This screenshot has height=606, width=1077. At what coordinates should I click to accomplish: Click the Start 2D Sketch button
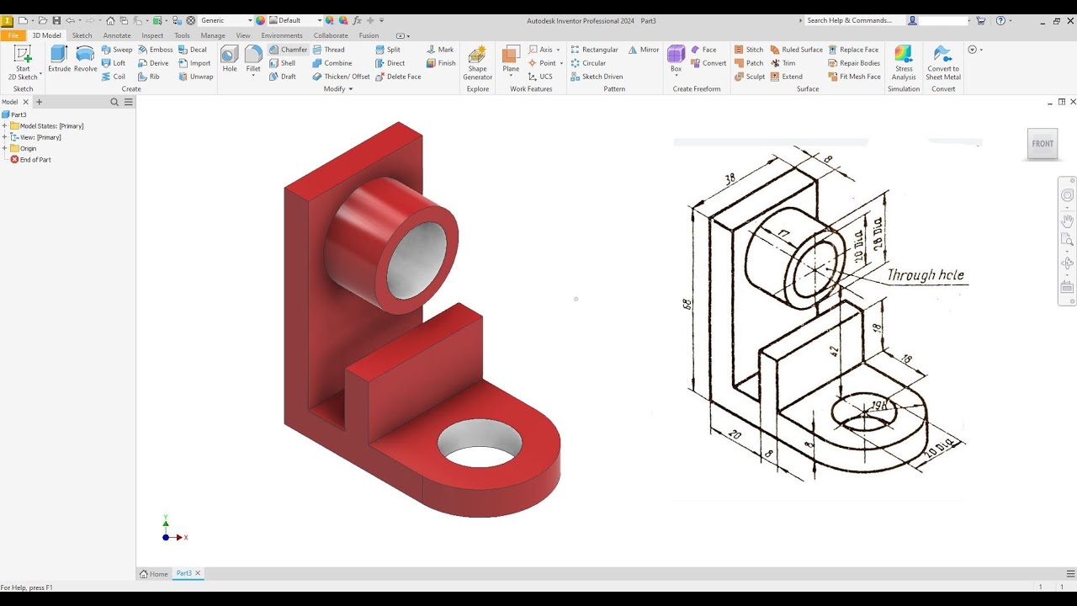click(23, 61)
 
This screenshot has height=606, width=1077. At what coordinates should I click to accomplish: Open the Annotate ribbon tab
click(117, 35)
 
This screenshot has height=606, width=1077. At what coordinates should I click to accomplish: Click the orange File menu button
click(13, 35)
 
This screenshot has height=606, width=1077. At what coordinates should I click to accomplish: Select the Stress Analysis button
click(904, 61)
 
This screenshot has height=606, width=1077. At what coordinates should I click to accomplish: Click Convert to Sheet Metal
click(943, 61)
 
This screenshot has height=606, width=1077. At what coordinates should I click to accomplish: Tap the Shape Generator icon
click(477, 61)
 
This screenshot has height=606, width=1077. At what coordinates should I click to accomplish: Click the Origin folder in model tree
click(28, 148)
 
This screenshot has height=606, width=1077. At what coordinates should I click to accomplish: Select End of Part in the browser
click(34, 159)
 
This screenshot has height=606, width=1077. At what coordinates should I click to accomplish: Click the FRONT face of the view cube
click(1043, 144)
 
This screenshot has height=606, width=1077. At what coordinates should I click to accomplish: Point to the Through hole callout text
click(925, 275)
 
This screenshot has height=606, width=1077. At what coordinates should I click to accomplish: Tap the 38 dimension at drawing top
click(729, 178)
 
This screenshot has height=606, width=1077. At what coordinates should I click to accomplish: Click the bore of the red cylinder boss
click(416, 258)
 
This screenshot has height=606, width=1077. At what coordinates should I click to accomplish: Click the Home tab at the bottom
click(154, 573)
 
